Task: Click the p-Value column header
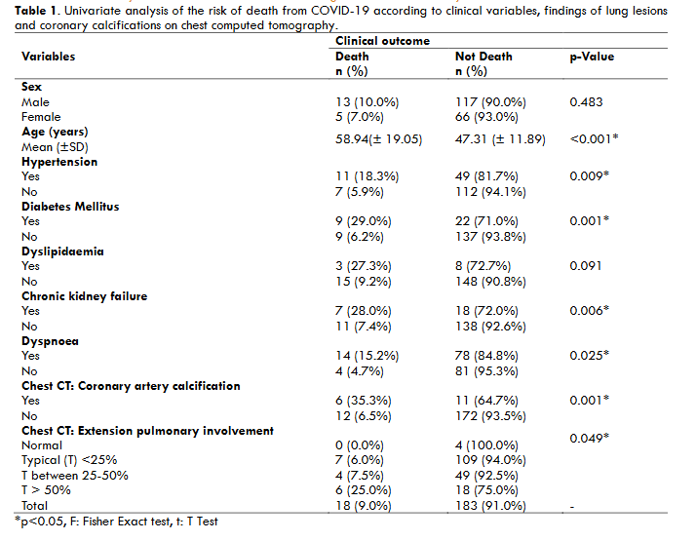click(x=592, y=57)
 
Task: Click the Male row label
click(x=35, y=101)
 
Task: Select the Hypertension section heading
click(x=59, y=162)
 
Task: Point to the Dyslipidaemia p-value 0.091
click(x=588, y=266)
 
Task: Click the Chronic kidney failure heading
click(x=84, y=296)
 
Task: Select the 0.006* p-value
click(x=591, y=311)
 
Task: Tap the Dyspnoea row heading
click(x=50, y=341)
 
